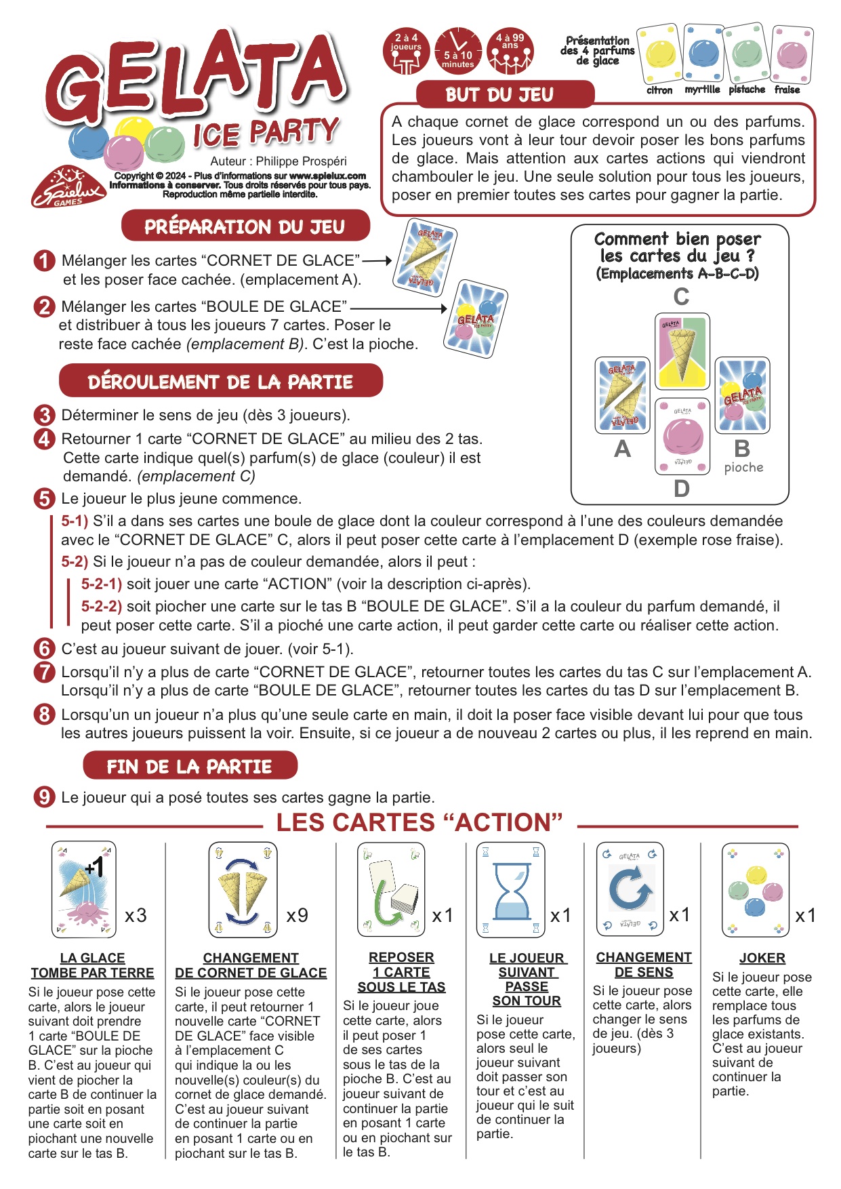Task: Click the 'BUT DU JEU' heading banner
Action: pyautogui.click(x=499, y=95)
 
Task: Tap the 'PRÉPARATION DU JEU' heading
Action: pyautogui.click(x=245, y=226)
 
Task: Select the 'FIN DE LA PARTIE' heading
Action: pyautogui.click(x=189, y=767)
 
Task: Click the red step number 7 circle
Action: pyautogui.click(x=44, y=672)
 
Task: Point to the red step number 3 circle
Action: pyautogui.click(x=44, y=415)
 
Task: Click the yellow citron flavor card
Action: pyautogui.click(x=660, y=54)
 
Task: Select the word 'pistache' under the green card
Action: pyautogui.click(x=747, y=89)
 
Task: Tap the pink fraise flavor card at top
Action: pyautogui.click(x=792, y=54)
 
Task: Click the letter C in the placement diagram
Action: pyautogui.click(x=681, y=297)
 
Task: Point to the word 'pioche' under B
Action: pyautogui.click(x=743, y=467)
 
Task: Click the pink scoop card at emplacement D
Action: pyautogui.click(x=682, y=436)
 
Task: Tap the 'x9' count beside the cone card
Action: pyautogui.click(x=298, y=916)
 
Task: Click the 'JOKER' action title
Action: pyautogui.click(x=762, y=958)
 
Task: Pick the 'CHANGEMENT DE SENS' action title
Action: pyautogui.click(x=644, y=965)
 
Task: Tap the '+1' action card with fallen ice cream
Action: pyautogui.click(x=83, y=890)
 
